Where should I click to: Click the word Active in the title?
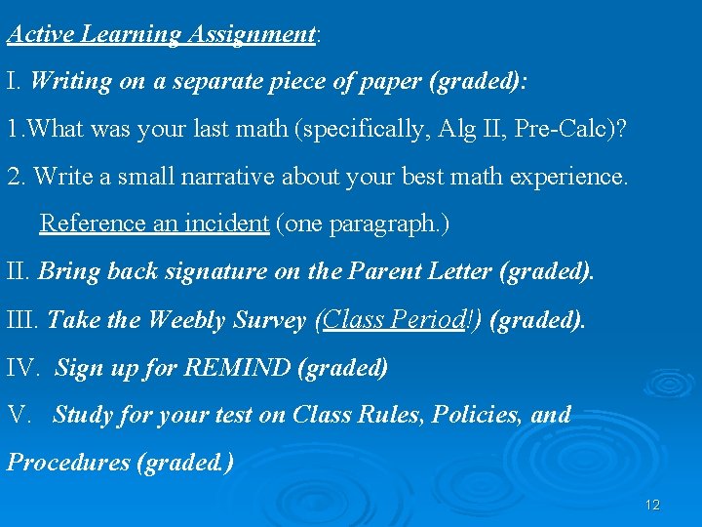click(42, 34)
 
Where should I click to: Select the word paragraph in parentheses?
click(383, 223)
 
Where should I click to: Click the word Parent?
click(388, 271)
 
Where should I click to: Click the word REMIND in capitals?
click(239, 368)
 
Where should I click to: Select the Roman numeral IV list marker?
click(22, 368)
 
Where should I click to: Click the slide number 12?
click(652, 505)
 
